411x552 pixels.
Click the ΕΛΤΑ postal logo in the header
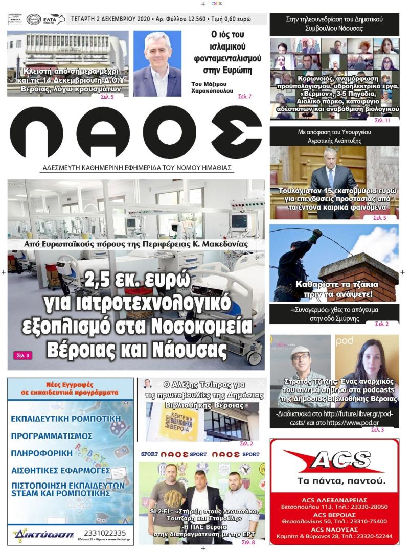(x=54, y=19)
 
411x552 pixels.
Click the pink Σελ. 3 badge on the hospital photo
(x=22, y=355)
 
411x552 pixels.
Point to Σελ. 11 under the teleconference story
(x=381, y=120)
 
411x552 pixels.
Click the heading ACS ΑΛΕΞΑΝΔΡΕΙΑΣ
(x=334, y=499)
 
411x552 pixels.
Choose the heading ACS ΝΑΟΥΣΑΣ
(x=334, y=528)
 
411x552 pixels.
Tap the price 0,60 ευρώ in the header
(x=246, y=19)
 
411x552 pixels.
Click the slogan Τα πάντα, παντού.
(x=334, y=481)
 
